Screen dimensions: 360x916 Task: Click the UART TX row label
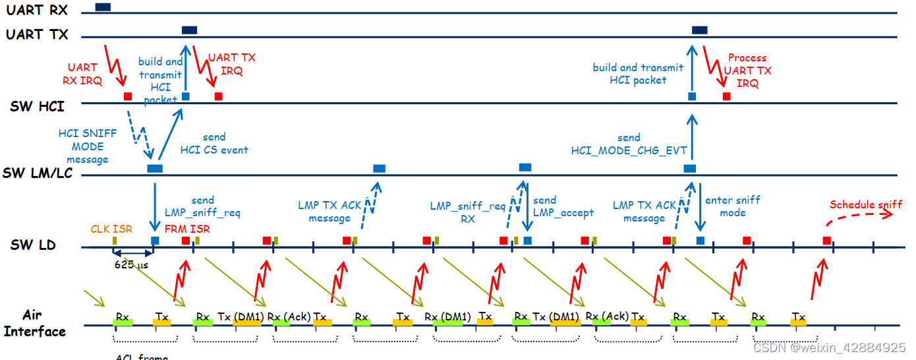37,35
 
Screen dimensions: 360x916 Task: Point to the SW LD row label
33,245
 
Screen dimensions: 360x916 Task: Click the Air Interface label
34,323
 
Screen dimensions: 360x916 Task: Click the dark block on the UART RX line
103,7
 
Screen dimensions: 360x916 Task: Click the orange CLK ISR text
111,229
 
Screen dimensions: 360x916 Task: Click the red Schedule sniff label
866,204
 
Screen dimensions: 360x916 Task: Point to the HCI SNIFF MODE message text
87,146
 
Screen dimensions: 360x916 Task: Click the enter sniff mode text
732,206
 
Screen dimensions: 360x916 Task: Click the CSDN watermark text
829,347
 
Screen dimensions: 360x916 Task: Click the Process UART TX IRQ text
747,71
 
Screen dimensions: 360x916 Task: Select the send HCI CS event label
214,143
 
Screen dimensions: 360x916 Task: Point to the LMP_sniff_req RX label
468,213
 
